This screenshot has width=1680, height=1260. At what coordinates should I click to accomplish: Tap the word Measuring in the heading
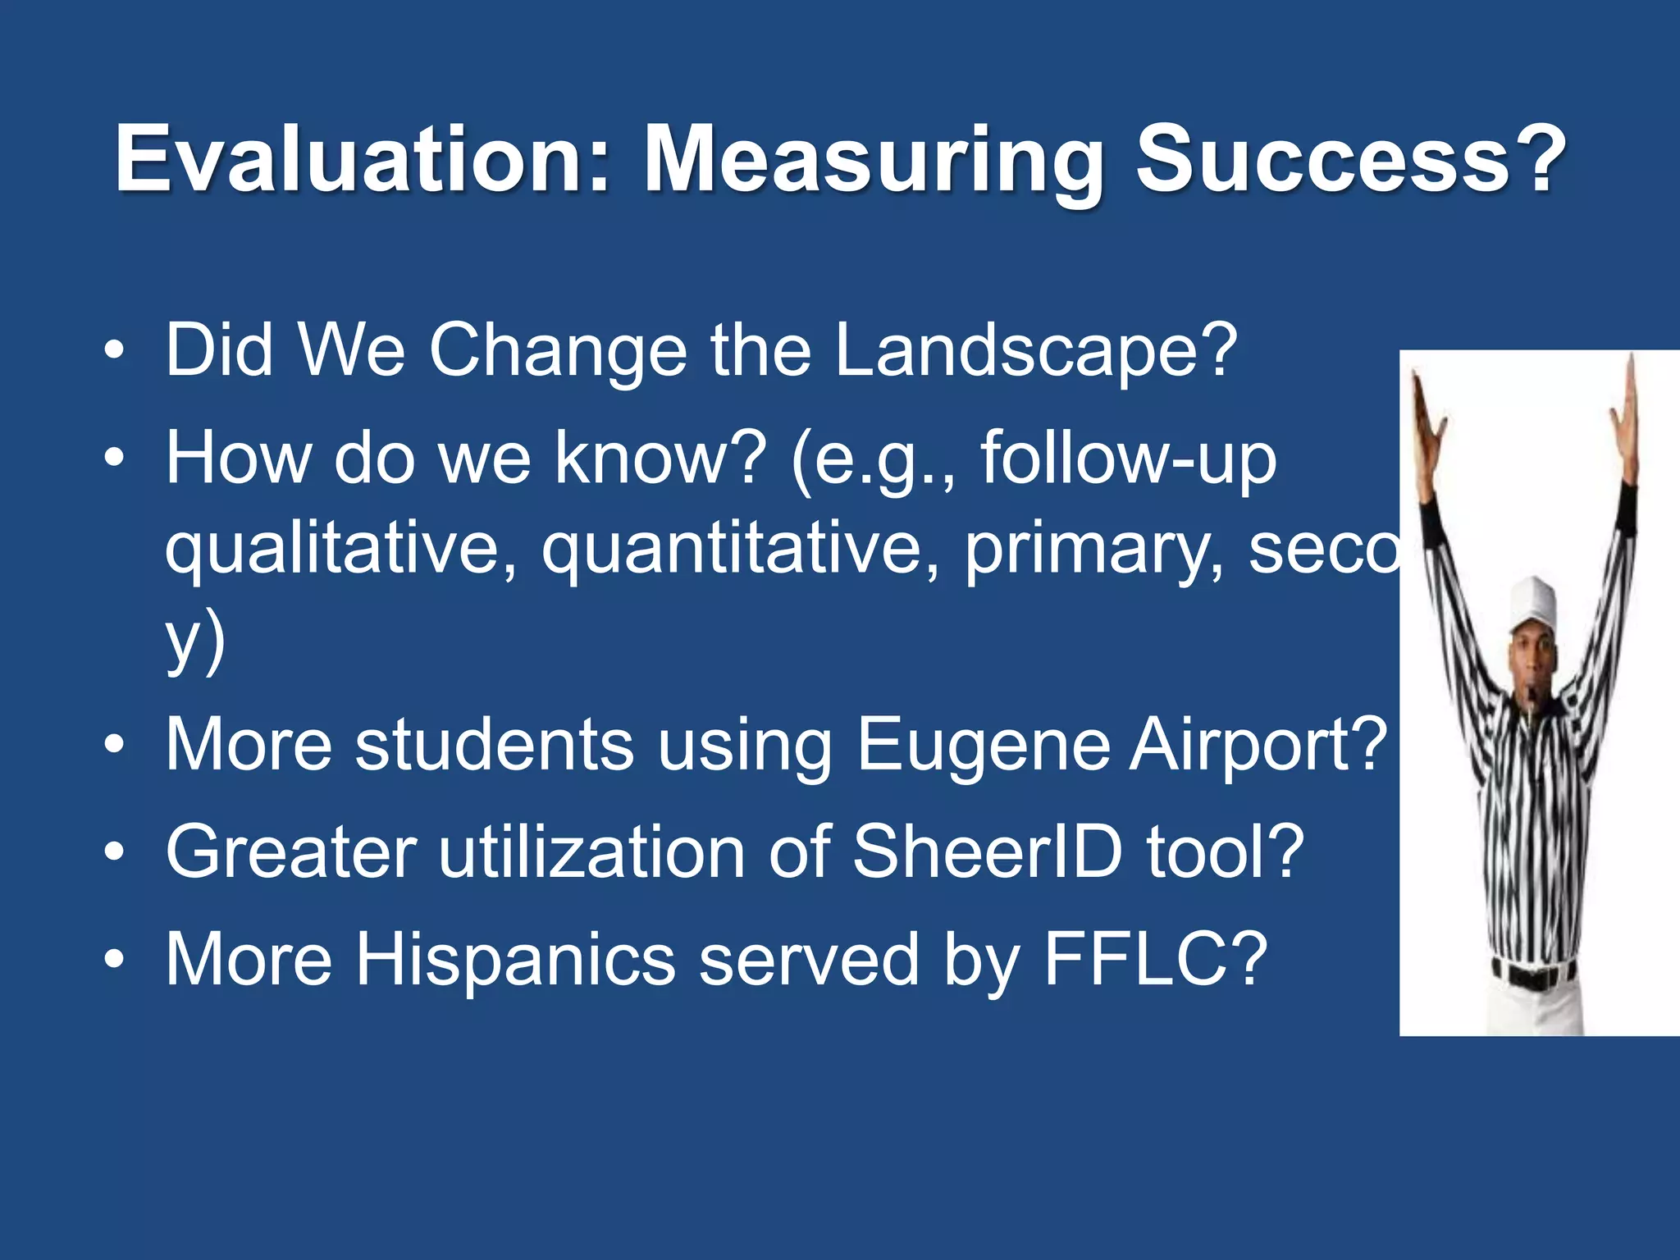[x=873, y=162]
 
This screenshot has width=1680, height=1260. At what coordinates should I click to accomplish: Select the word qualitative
[x=341, y=550]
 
